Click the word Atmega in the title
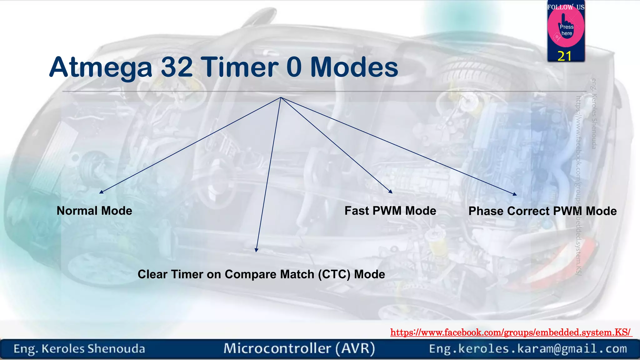click(x=101, y=67)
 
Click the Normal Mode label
click(x=94, y=211)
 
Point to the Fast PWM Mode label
click(x=390, y=211)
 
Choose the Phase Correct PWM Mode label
click(x=542, y=211)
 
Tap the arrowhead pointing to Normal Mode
click(x=101, y=192)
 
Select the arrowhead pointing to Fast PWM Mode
click(x=390, y=192)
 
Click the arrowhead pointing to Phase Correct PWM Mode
click(x=515, y=194)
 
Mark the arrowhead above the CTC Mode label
click(x=256, y=250)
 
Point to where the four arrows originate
click(x=281, y=97)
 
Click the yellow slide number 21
click(x=564, y=56)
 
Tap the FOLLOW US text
click(x=566, y=7)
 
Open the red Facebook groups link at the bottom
click(x=511, y=332)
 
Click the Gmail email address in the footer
click(x=528, y=349)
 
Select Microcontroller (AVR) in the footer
click(x=299, y=348)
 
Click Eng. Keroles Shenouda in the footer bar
click(x=79, y=349)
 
